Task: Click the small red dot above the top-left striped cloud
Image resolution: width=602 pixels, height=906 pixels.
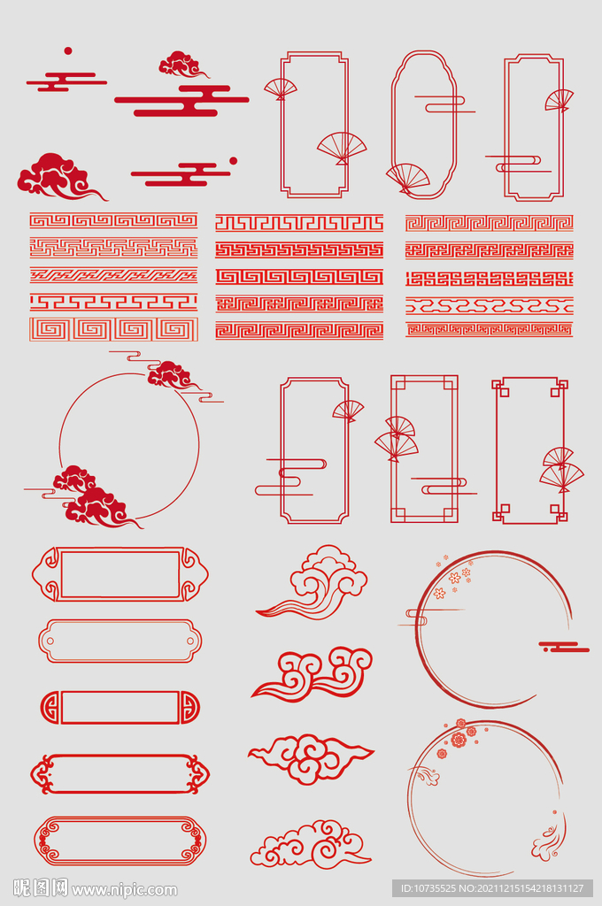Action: (x=67, y=50)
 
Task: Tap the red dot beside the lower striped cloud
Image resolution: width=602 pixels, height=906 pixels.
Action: (x=233, y=161)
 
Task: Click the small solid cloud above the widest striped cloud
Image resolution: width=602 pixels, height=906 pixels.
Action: (x=182, y=65)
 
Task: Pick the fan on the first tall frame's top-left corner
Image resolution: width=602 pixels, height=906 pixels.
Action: (x=281, y=88)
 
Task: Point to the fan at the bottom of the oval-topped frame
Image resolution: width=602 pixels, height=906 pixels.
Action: (x=408, y=177)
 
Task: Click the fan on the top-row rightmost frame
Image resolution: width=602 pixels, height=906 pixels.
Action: (x=560, y=100)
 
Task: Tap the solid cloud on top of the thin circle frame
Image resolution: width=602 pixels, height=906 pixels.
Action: (x=170, y=374)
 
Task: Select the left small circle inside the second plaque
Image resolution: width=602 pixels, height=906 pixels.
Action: (x=50, y=641)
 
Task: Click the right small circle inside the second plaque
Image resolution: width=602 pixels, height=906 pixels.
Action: (x=189, y=641)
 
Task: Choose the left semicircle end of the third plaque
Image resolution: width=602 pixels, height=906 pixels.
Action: (x=50, y=707)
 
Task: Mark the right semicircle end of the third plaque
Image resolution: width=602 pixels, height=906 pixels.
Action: (x=190, y=707)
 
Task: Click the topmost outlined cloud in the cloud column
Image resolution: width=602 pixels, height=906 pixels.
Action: (x=315, y=581)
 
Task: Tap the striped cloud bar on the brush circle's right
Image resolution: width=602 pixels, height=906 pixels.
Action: (x=564, y=647)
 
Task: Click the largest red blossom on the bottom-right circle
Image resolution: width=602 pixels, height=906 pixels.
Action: (x=459, y=740)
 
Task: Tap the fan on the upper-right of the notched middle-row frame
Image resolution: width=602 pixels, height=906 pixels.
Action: (x=348, y=411)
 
